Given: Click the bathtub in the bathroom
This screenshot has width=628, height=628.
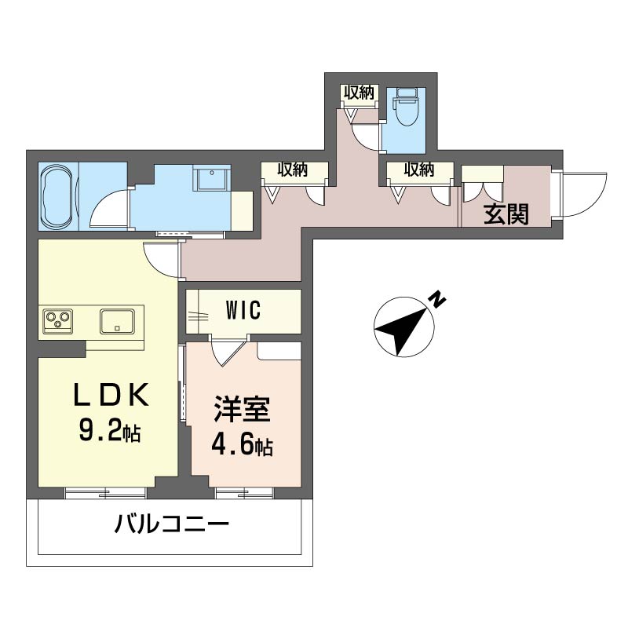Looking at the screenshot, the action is coord(57,196).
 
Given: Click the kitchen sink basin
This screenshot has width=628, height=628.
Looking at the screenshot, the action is coord(117,321).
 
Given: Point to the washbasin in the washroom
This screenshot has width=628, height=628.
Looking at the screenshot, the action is coord(212,178).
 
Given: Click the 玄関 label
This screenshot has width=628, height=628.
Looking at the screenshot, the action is coord(506,214).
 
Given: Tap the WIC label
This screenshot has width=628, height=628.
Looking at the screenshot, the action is coord(243,310).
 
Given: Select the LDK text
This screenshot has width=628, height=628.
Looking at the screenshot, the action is coord(111,395).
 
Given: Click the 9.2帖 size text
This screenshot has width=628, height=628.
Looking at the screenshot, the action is coord(109,431).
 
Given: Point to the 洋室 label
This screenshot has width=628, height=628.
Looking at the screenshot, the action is coord(243,409).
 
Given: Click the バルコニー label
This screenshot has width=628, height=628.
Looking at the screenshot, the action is coord(172,524).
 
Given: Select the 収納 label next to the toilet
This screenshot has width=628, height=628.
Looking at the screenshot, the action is coord(360,93).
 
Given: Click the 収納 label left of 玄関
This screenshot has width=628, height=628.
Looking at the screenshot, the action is coord(419,170).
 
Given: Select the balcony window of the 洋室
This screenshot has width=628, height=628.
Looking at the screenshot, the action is coord(244,494).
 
